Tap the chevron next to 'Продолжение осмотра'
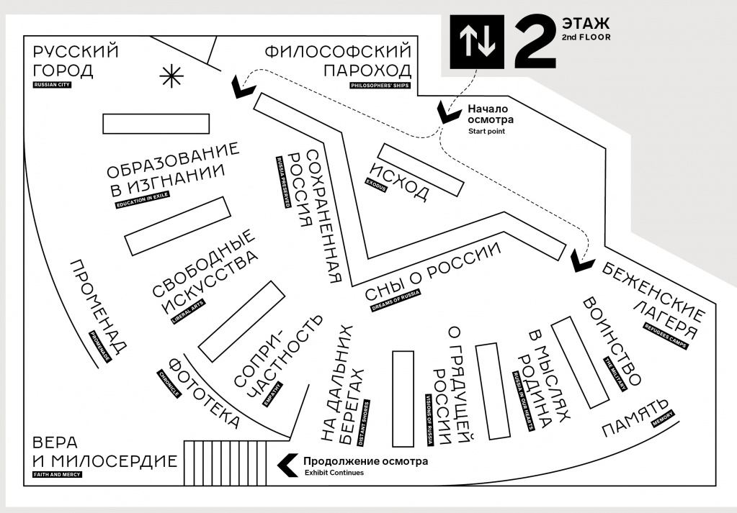[287, 466]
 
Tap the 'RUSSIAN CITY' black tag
[53, 85]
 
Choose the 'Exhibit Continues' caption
[334, 473]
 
